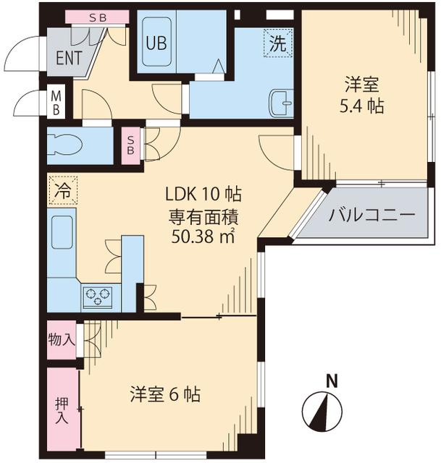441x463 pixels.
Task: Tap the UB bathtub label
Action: click(x=156, y=43)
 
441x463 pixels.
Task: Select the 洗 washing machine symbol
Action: click(x=279, y=42)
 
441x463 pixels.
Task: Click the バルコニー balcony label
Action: click(x=371, y=215)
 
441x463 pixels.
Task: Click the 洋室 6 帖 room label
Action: click(x=165, y=395)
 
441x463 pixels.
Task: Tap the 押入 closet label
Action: click(x=62, y=411)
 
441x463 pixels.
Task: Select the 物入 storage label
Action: click(x=62, y=339)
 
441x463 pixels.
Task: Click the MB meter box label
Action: click(x=56, y=102)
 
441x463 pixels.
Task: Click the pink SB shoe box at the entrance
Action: click(x=96, y=16)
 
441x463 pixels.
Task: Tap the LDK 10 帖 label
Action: click(x=203, y=195)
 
